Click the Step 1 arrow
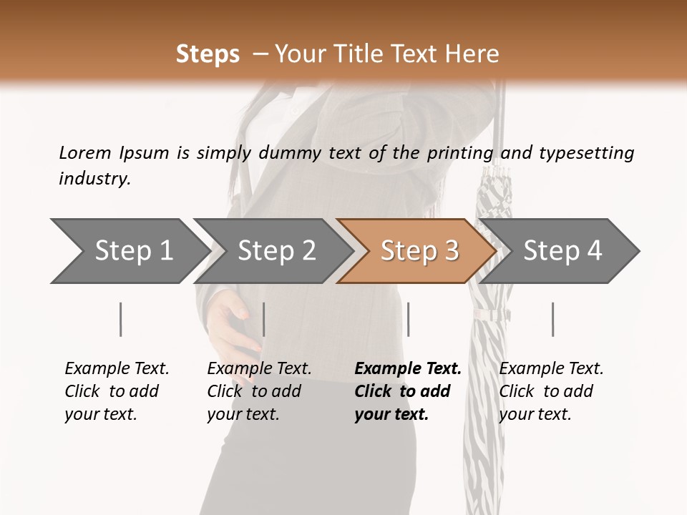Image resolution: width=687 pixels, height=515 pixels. [x=129, y=251]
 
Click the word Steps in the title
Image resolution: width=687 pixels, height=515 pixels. [x=208, y=54]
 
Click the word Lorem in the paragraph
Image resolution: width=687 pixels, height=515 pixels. [x=85, y=152]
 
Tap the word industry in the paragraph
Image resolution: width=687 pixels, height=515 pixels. [x=94, y=179]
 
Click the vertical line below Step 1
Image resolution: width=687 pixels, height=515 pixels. [x=120, y=319]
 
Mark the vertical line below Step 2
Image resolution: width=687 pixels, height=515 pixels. [x=264, y=319]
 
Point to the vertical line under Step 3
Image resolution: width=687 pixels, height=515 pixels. [x=408, y=319]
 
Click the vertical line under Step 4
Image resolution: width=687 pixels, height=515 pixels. [x=552, y=319]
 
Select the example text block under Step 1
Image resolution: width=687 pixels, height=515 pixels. [x=117, y=391]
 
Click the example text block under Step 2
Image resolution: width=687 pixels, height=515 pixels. [x=259, y=391]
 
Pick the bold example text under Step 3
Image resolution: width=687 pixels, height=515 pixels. [x=407, y=391]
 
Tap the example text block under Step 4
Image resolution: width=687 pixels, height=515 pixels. [x=551, y=391]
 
